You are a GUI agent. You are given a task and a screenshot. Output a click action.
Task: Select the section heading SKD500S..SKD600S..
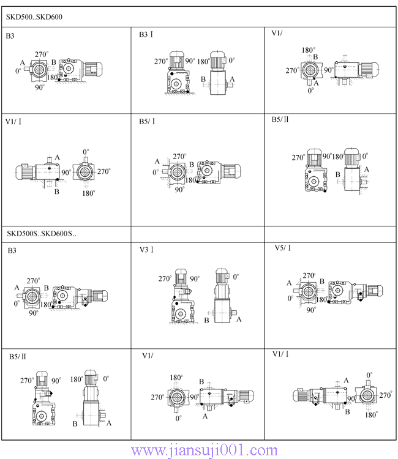[41, 233]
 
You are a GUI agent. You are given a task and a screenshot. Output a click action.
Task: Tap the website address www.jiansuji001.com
[205, 451]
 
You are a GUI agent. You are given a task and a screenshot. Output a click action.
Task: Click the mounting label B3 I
[146, 35]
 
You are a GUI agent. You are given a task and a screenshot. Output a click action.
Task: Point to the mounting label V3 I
[146, 250]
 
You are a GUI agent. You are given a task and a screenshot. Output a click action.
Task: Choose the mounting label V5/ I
[283, 248]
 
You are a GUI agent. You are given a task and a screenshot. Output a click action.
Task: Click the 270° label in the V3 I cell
[165, 278]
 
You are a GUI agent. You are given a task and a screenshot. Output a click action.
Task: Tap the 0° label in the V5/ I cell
[291, 299]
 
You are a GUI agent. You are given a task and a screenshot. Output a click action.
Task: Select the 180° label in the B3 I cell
[203, 61]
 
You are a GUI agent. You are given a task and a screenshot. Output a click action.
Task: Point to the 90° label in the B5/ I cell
[179, 190]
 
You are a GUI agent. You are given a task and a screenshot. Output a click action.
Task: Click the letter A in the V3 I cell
[239, 319]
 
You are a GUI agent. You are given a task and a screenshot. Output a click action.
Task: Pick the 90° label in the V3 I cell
[194, 278]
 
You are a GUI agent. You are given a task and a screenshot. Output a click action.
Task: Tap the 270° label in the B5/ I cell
[179, 157]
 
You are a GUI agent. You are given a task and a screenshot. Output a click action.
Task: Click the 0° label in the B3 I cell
[231, 61]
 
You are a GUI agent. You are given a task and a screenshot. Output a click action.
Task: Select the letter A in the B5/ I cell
[157, 162]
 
